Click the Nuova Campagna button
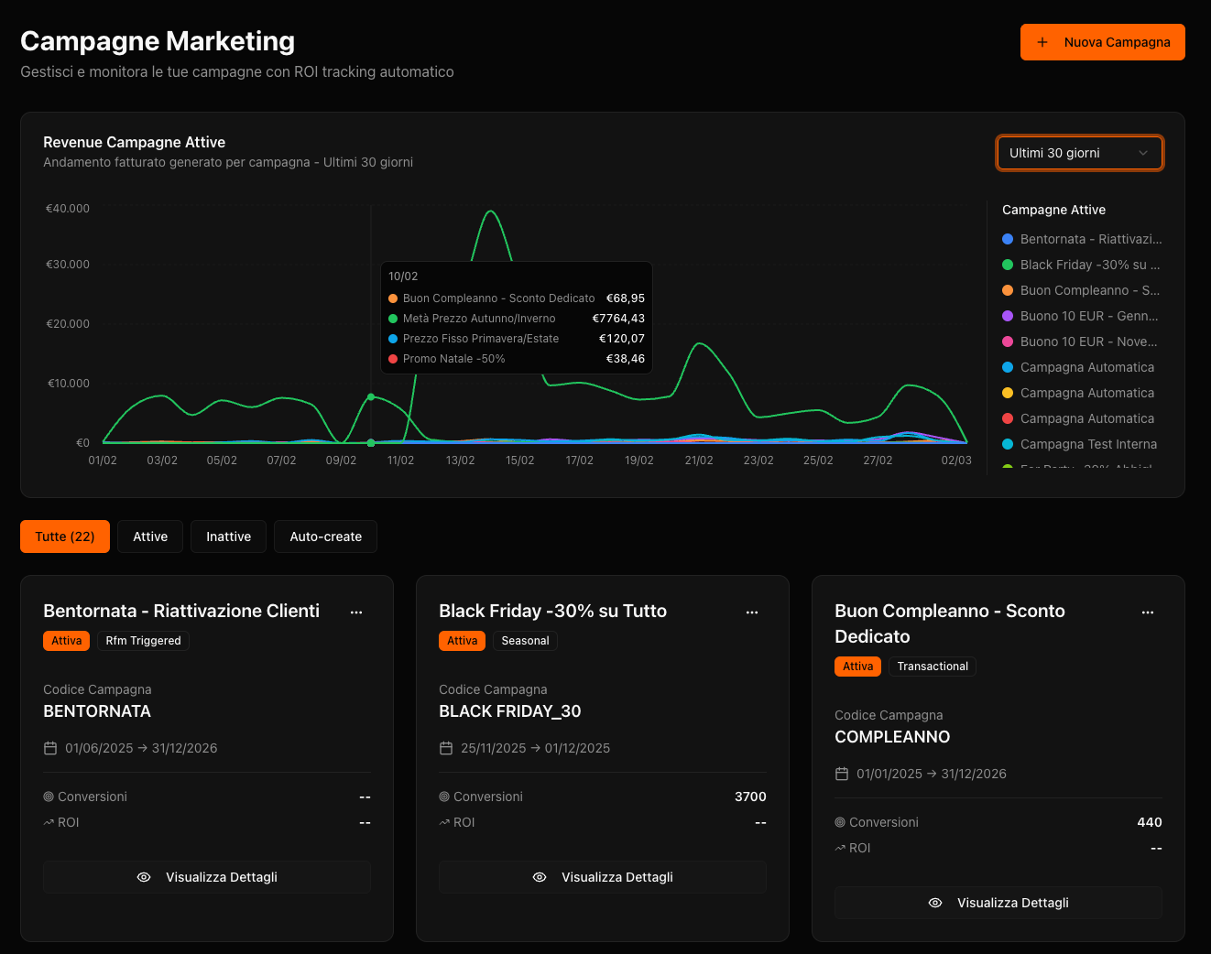[1102, 42]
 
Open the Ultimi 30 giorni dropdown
[1079, 153]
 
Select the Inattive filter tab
[228, 537]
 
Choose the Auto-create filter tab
[325, 537]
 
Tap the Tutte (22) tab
[65, 537]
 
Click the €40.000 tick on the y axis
[68, 209]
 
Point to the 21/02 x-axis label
[699, 461]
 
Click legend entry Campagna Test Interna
[1087, 444]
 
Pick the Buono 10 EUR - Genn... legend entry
[1088, 316]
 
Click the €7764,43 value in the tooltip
[618, 319]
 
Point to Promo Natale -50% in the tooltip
[453, 359]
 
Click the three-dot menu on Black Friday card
[752, 612]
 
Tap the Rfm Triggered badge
[143, 641]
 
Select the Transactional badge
[932, 667]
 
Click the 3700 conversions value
[750, 797]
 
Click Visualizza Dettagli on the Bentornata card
[207, 877]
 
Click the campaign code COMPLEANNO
[891, 737]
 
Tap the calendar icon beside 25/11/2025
[446, 748]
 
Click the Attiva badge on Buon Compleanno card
[857, 667]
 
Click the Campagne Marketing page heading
[158, 41]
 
